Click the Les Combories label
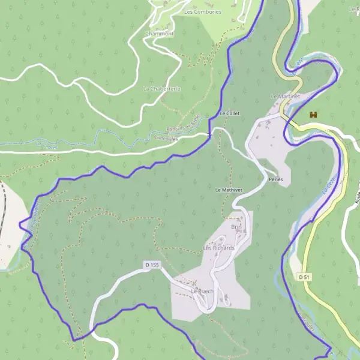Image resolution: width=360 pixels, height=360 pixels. (x=203, y=11)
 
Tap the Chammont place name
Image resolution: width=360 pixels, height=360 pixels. (x=159, y=34)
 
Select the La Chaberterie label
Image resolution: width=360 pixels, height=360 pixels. (x=161, y=88)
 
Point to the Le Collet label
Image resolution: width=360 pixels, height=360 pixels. (x=230, y=113)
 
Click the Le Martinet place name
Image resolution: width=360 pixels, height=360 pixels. (x=285, y=96)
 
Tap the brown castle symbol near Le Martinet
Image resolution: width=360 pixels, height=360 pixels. (x=313, y=114)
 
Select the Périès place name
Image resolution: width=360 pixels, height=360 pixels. (x=276, y=179)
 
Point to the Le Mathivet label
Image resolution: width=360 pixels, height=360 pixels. (x=229, y=190)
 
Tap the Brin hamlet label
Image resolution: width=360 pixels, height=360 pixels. (x=236, y=227)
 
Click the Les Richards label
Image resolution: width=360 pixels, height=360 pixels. (x=218, y=247)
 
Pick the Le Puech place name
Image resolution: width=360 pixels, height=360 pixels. (x=202, y=291)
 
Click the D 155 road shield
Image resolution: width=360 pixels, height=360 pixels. (x=152, y=265)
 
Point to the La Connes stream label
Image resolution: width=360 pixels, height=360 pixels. (x=46, y=145)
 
